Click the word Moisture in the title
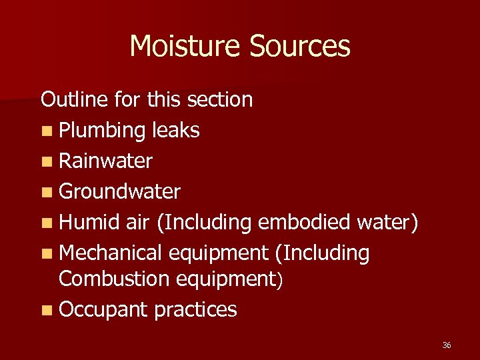(186, 47)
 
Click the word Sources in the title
(300, 47)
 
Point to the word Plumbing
(102, 131)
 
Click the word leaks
(175, 130)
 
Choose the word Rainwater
(105, 161)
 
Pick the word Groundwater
(119, 192)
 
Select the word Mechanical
(111, 253)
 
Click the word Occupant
(103, 310)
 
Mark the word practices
(195, 310)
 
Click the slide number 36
(446, 345)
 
